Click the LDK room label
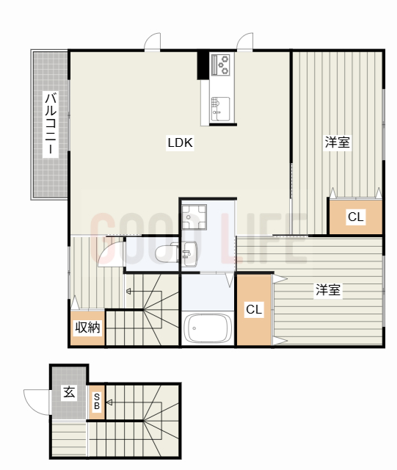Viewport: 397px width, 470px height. tap(179, 143)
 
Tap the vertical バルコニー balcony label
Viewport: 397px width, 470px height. tap(50, 123)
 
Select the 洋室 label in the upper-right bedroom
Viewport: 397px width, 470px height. tap(338, 142)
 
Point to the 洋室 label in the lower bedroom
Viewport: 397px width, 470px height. tap(327, 290)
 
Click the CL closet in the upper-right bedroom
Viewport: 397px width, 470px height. tap(355, 217)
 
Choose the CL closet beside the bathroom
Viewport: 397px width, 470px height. tap(254, 309)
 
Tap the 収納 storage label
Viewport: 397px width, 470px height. tap(87, 328)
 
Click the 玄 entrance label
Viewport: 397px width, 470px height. tap(68, 392)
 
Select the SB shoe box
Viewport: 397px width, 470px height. tap(97, 402)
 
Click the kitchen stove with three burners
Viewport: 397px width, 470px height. tap(221, 65)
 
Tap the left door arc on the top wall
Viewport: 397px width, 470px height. tap(153, 42)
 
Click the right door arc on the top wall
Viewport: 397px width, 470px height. tap(245, 42)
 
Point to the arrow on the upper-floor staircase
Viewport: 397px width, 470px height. tap(130, 291)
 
